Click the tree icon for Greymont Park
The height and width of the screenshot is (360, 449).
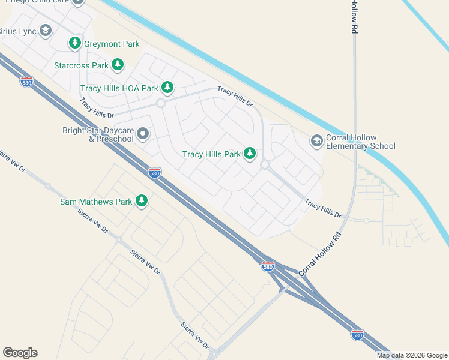point(75,43)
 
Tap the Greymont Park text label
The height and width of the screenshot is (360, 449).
point(112,44)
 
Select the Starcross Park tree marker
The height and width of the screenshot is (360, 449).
point(118,64)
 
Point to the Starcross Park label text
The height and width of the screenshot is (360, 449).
point(81,65)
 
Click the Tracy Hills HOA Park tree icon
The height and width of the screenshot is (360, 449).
point(167,88)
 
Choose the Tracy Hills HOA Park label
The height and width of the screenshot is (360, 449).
point(119,88)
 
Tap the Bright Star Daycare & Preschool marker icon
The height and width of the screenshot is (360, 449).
point(143,134)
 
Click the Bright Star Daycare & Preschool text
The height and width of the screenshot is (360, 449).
point(98,134)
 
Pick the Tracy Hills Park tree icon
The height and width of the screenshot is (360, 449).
point(250,154)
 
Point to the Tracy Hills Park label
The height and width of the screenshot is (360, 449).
point(211,154)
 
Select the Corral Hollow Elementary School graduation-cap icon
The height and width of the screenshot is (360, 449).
point(316,141)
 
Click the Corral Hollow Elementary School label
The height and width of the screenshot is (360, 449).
point(361,142)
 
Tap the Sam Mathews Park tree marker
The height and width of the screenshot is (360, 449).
point(142,201)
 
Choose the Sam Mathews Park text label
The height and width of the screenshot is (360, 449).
point(96,202)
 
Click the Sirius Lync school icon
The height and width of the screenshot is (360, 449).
point(46,31)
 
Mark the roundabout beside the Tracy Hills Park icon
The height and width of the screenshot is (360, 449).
point(264,164)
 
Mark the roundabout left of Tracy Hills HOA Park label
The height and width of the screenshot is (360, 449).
point(160,103)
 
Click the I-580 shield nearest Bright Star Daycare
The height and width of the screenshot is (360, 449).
point(154,173)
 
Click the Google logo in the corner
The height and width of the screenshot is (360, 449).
point(20,353)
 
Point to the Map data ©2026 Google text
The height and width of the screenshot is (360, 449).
point(412,355)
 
